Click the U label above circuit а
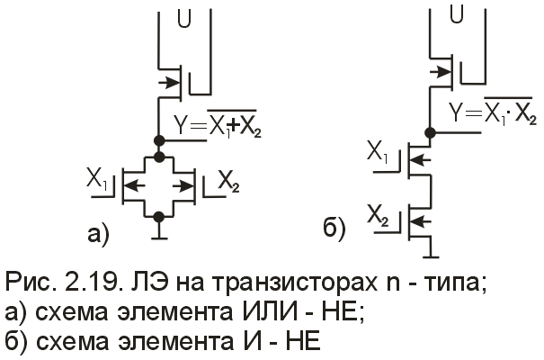[x=184, y=16]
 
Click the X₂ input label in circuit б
[x=379, y=214]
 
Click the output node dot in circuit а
[x=159, y=140]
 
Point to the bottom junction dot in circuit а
[x=159, y=216]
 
